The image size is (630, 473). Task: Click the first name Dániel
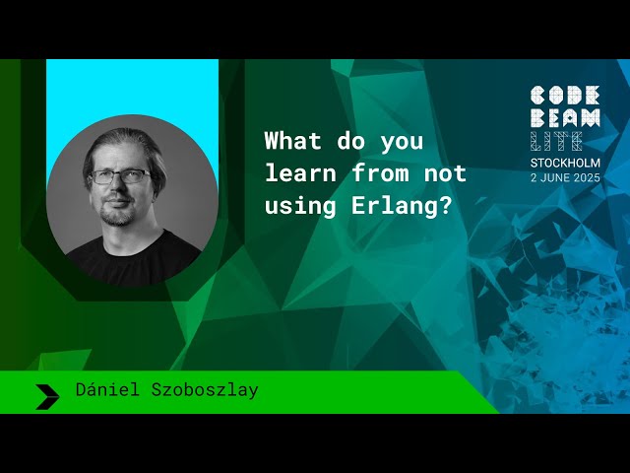click(x=105, y=390)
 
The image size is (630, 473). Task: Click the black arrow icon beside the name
click(x=47, y=395)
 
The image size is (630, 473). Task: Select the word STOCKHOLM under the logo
click(x=564, y=163)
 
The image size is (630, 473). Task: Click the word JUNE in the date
click(x=550, y=177)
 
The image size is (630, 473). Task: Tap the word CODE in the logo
click(x=564, y=96)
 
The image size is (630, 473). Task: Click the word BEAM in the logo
click(x=564, y=118)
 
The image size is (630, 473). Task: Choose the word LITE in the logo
click(x=556, y=141)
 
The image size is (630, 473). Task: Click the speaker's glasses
click(x=120, y=177)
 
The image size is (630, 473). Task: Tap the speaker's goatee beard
click(x=119, y=214)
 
